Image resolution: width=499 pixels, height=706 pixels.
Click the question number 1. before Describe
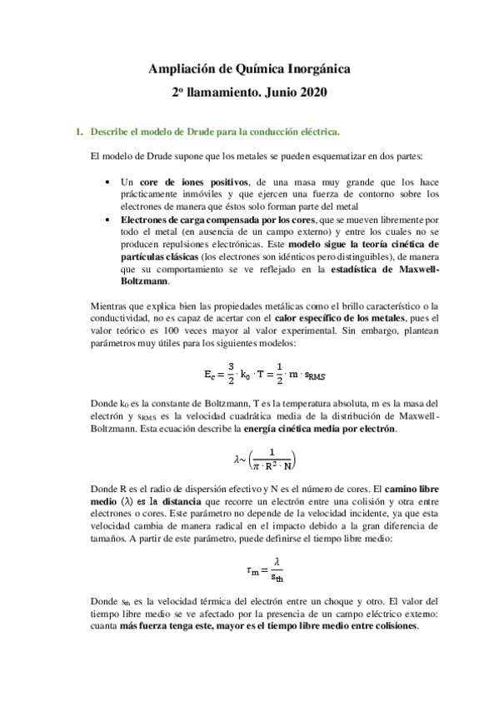tap(79, 132)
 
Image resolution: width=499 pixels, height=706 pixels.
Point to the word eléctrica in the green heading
tap(318, 132)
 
